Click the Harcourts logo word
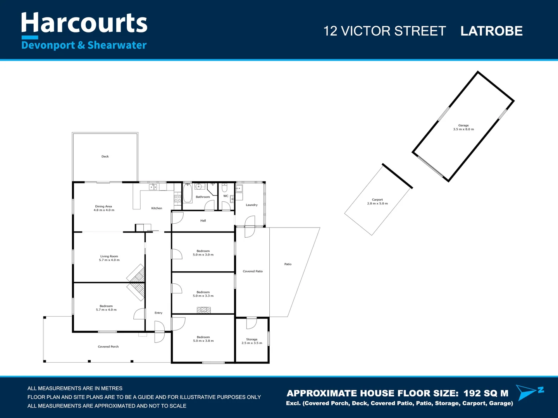point(84,23)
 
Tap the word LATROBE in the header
point(491,31)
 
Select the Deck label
point(105,156)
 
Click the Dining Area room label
point(103,206)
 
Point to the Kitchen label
point(157,208)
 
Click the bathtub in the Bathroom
point(188,194)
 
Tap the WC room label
point(226,196)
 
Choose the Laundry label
point(251,205)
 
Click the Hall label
point(203,221)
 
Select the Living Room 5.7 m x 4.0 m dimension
point(109,260)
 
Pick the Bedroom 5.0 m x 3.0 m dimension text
point(203,255)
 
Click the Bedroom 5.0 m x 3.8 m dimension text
point(203,341)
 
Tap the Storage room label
point(251,339)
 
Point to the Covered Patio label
point(253,271)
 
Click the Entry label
point(158,313)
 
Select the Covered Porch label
point(108,346)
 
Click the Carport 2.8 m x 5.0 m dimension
point(377,204)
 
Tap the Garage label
point(463,125)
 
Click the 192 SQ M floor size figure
point(486,393)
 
